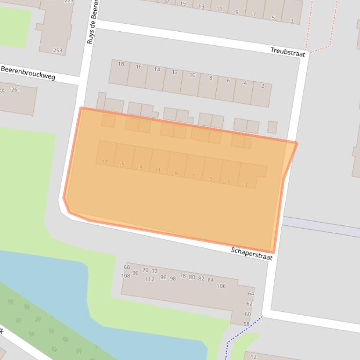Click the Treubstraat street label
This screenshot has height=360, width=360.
pyautogui.click(x=288, y=52)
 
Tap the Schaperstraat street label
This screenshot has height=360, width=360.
pyautogui.click(x=251, y=254)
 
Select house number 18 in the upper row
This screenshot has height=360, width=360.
pyautogui.click(x=121, y=64)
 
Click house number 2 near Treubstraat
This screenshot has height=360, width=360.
pyautogui.click(x=263, y=86)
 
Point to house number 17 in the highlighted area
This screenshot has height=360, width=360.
pyautogui.click(x=104, y=162)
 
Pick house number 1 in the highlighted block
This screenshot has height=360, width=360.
pyautogui.click(x=246, y=185)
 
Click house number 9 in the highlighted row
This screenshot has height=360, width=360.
pyautogui.click(x=176, y=173)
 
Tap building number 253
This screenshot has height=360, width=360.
pyautogui.click(x=58, y=50)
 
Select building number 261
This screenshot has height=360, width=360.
pyautogui.click(x=15, y=89)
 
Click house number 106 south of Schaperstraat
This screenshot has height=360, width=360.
pyautogui.click(x=221, y=286)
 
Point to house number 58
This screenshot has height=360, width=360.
pyautogui.click(x=246, y=324)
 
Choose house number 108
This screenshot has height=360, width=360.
pyautogui.click(x=125, y=276)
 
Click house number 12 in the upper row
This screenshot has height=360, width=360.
pyautogui.click(x=175, y=72)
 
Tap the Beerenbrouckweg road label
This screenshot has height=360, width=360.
pyautogui.click(x=28, y=72)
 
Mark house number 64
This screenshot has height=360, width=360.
pyautogui.click(x=250, y=294)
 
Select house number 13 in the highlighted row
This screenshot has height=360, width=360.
pyautogui.click(x=140, y=168)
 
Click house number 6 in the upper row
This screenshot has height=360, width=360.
pyautogui.click(x=228, y=80)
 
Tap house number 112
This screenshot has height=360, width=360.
pyautogui.click(x=149, y=280)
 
